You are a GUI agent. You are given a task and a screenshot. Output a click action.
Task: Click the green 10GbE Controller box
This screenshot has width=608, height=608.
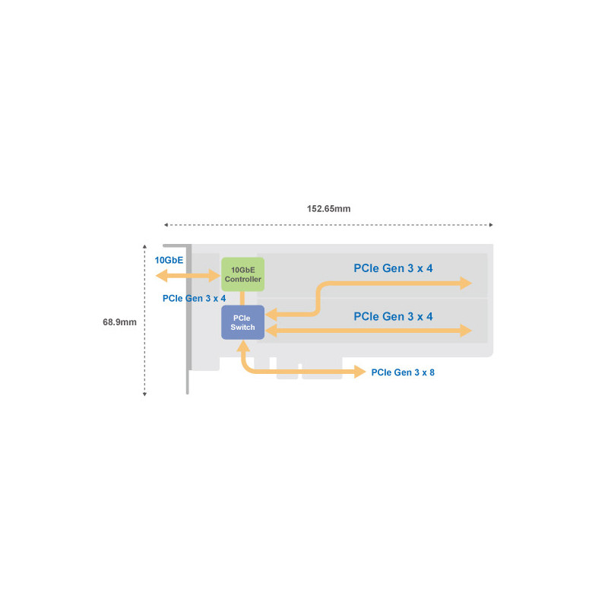coord(242,274)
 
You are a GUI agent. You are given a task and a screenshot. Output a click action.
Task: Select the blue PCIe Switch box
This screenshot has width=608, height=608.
coord(242,322)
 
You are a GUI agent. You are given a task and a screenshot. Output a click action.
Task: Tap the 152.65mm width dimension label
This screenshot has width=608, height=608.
coord(328,208)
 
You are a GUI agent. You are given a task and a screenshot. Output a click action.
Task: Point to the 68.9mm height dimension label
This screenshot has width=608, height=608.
coord(119,322)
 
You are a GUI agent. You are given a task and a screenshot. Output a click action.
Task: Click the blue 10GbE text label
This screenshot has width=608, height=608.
coord(169,260)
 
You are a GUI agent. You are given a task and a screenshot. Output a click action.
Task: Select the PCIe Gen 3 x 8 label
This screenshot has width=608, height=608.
coord(403,372)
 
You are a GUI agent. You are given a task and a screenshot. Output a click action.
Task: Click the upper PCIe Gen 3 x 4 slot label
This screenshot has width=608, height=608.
coord(393,268)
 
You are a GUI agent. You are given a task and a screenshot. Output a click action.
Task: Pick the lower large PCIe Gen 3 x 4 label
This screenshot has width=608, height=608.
coord(393,315)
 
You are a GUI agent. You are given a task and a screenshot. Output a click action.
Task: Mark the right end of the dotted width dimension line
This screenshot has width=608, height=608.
coord(492,225)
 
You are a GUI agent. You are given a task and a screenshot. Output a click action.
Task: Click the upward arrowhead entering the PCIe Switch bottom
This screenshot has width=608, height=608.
coord(242,346)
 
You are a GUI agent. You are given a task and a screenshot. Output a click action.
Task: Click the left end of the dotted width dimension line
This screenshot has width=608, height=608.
coord(165,225)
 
